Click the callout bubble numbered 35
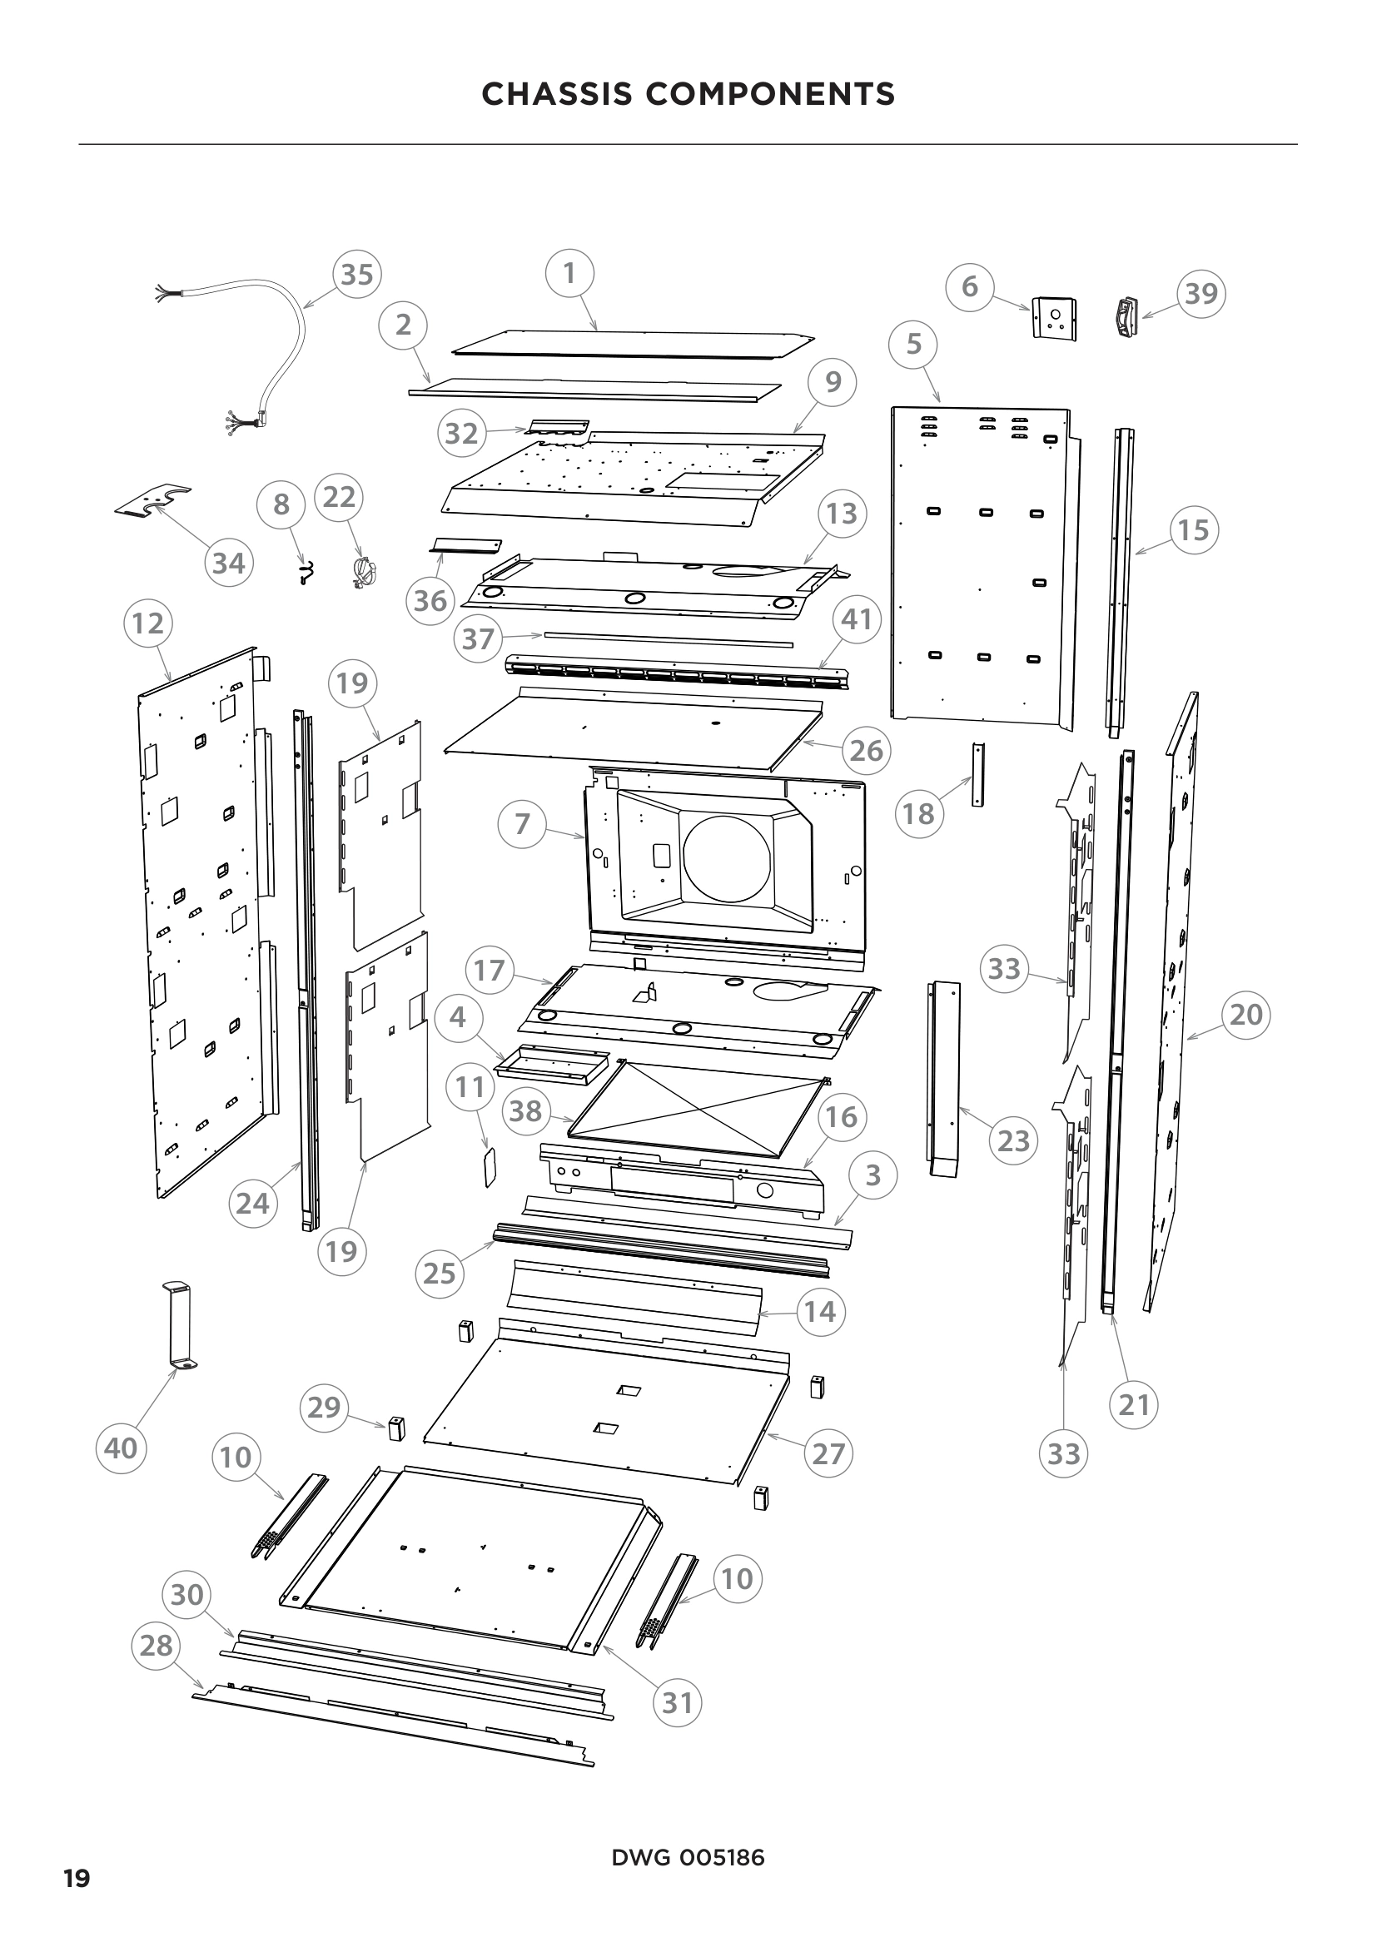356,275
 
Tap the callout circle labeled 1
569,273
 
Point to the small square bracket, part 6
1054,319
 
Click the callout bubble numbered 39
1201,293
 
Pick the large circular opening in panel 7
727,860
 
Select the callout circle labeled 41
857,620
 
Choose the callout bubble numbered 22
339,497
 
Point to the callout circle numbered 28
156,1646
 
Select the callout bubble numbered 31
678,1702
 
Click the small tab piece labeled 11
489,1168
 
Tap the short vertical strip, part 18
977,774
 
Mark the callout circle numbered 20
1245,1014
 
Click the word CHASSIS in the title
557,94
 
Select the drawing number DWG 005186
688,1858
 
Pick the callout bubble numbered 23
1013,1141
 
